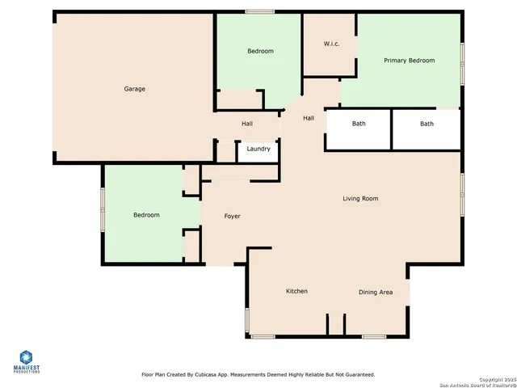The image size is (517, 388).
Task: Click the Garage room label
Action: tap(134, 89)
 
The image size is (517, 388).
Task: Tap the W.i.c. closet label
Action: tap(331, 44)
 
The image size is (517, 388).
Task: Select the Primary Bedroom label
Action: tap(409, 61)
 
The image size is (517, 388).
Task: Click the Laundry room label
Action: tap(258, 149)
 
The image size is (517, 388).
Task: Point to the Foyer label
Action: tap(232, 216)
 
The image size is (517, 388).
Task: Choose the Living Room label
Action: tap(360, 198)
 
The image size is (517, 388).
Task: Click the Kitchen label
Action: tap(296, 291)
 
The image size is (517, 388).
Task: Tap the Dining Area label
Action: tap(376, 292)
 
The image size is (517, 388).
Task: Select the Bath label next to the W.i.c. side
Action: tap(358, 124)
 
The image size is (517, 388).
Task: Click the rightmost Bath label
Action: tap(427, 124)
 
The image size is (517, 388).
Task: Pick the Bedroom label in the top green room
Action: tap(260, 51)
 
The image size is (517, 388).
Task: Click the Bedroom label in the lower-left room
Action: tap(146, 215)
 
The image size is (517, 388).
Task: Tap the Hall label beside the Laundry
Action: tap(247, 124)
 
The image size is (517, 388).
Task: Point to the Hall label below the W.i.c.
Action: tap(309, 118)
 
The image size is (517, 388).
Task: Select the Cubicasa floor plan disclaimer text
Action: tap(258, 375)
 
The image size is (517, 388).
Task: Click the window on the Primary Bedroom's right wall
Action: tap(462, 63)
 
